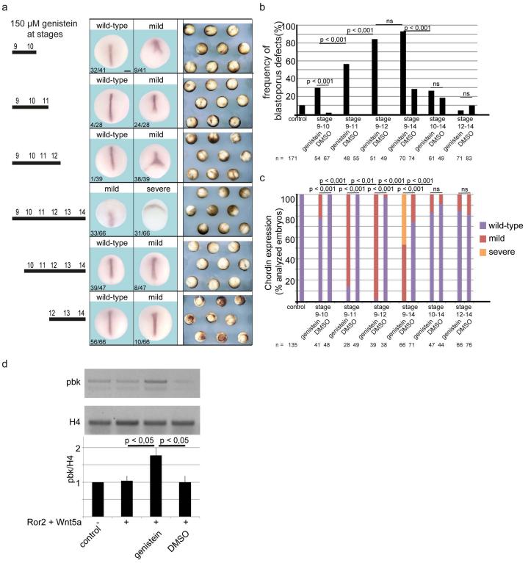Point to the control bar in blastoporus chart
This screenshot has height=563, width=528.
coord(301,109)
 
